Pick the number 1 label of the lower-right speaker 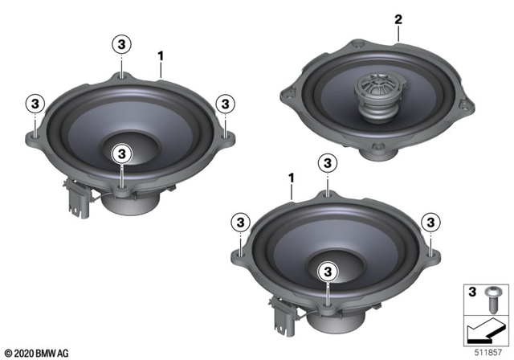(291, 176)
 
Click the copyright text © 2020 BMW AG (37, 351)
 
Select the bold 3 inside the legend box (472, 291)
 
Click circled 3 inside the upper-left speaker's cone (121, 152)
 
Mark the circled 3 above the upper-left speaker (121, 43)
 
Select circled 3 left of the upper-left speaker (35, 103)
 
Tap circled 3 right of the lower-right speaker (430, 222)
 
